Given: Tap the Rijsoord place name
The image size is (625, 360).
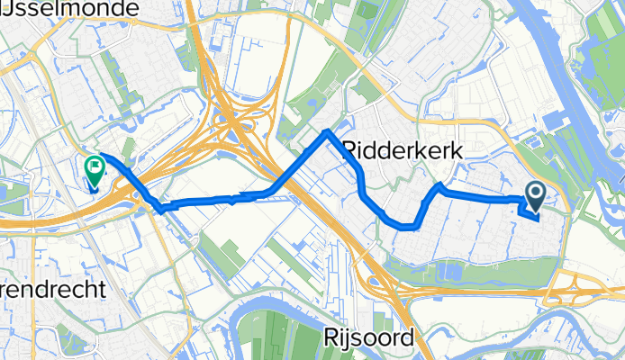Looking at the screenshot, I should (368, 337).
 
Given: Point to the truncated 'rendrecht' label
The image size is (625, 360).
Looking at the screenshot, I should (53, 290).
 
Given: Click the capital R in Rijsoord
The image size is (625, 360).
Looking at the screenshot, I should (329, 337).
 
